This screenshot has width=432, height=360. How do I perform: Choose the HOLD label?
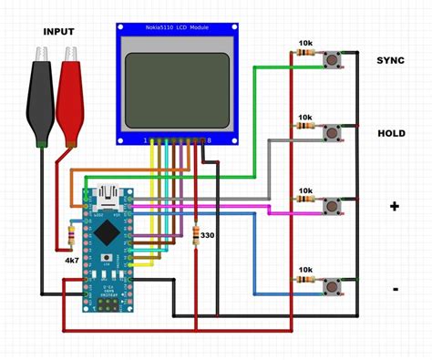point(391,133)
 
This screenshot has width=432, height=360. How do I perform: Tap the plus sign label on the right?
point(395,206)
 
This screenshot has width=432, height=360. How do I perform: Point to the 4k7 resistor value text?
point(71,261)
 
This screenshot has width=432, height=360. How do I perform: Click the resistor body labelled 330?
point(196,235)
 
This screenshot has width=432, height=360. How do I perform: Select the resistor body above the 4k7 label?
point(70,239)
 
